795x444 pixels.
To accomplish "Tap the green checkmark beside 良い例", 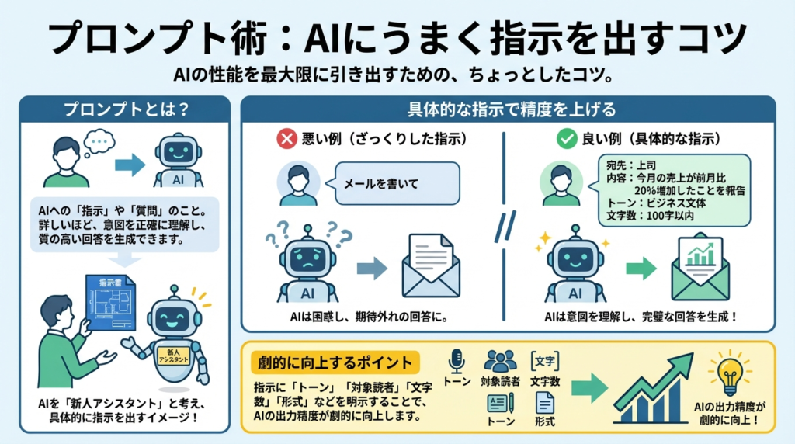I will point(567,140).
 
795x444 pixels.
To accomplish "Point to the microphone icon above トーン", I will point(457,360).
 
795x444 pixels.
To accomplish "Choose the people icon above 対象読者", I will point(500,360).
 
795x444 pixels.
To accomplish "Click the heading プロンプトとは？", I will point(124,109).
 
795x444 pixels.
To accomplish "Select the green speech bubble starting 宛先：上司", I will point(671,189).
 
